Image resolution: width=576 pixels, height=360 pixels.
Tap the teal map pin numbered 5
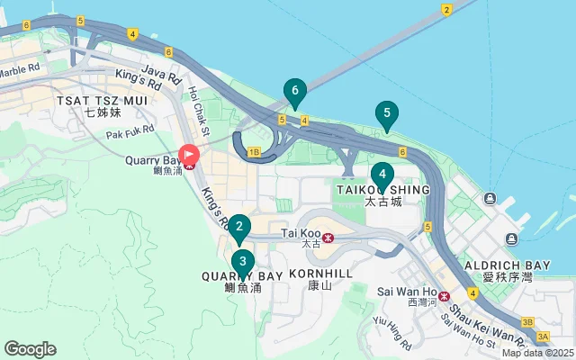(x=386, y=114)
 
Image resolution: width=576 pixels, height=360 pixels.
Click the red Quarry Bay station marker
(x=190, y=157)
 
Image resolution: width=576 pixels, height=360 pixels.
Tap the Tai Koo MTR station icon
(x=328, y=238)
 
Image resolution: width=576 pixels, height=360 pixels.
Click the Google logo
(x=30, y=349)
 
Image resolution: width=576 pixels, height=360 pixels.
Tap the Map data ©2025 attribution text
(x=537, y=353)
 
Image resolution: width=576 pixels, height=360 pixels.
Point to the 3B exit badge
(x=528, y=321)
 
